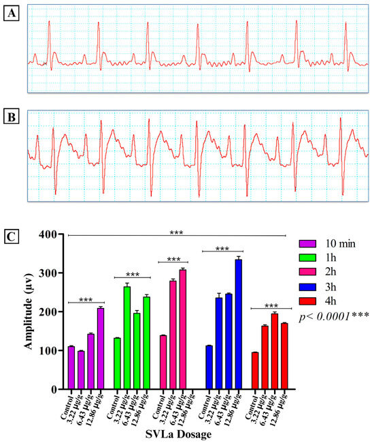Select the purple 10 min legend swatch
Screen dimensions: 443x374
pyautogui.click(x=307, y=243)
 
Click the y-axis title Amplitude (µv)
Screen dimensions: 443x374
pyautogui.click(x=29, y=311)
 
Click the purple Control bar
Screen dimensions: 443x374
pyautogui.click(x=71, y=368)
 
